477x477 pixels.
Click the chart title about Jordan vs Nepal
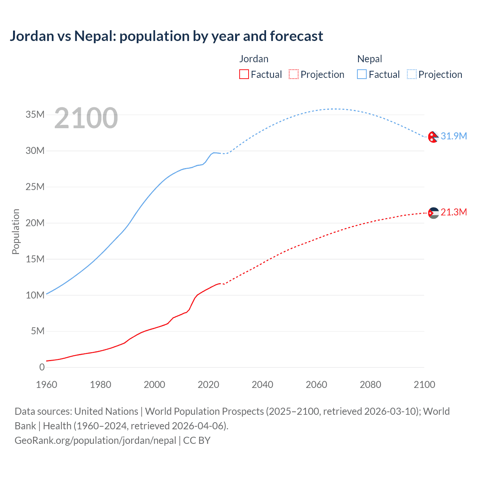(x=166, y=36)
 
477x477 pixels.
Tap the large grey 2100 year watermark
(x=86, y=119)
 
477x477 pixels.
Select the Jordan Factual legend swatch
(x=244, y=74)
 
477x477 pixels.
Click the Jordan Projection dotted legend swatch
(x=294, y=74)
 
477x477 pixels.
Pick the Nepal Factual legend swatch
(x=361, y=74)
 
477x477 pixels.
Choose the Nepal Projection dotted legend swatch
(x=411, y=74)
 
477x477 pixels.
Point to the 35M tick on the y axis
(x=35, y=114)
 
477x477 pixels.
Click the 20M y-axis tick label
(x=35, y=223)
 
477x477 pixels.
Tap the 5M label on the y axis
(x=37, y=331)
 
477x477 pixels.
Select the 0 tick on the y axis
(x=42, y=367)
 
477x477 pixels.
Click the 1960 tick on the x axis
(x=47, y=385)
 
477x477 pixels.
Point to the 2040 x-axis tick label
(x=262, y=385)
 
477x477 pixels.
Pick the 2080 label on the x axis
(x=370, y=385)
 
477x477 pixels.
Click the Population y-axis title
(x=16, y=231)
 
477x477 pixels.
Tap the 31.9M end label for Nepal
(x=454, y=136)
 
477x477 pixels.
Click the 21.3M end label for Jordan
(x=454, y=212)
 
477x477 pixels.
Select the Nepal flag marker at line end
(x=433, y=137)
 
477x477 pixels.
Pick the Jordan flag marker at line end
(x=433, y=213)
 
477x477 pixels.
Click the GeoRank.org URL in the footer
(x=95, y=440)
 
